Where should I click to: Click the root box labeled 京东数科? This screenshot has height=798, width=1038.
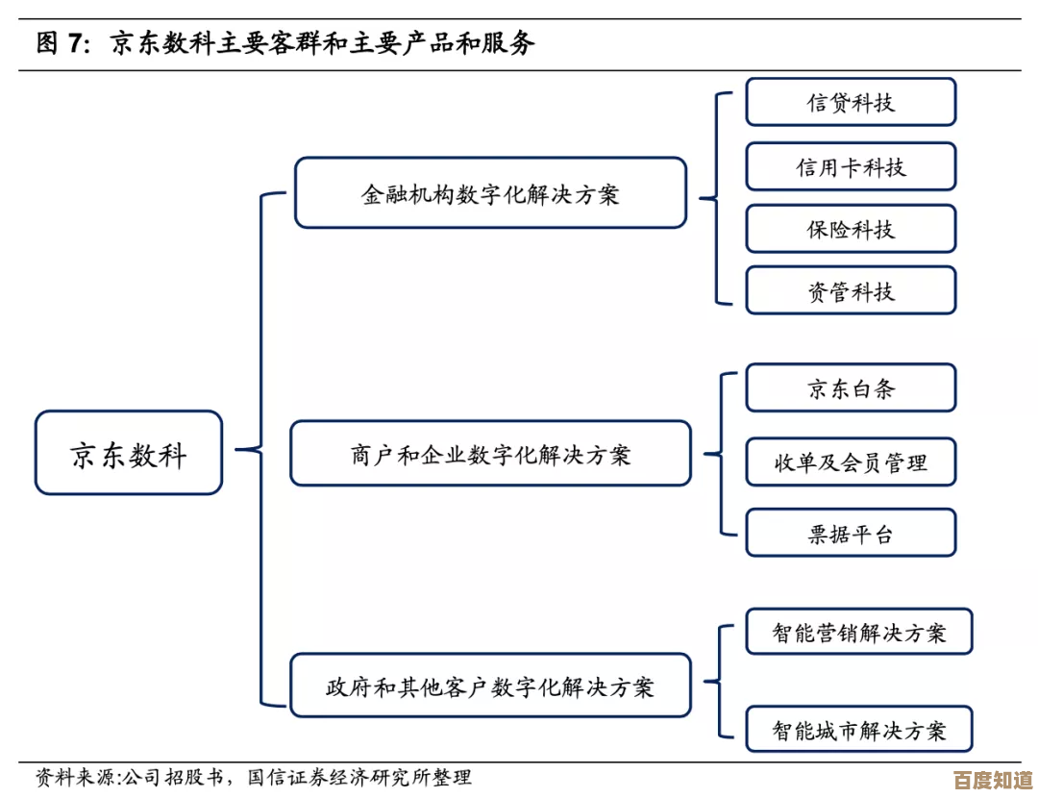click(x=129, y=453)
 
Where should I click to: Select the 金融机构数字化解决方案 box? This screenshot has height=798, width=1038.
click(x=490, y=193)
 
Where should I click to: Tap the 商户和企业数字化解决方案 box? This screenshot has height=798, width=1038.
click(x=490, y=453)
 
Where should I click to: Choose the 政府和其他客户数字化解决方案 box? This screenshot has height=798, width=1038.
click(x=490, y=686)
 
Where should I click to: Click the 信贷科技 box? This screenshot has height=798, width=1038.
click(x=851, y=102)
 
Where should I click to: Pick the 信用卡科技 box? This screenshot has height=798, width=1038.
click(x=851, y=167)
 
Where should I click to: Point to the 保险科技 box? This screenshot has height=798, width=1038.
click(x=851, y=229)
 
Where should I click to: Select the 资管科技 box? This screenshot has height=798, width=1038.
click(x=851, y=290)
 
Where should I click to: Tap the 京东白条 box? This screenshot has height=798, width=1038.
click(x=851, y=387)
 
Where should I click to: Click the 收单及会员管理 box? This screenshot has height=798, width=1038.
click(x=851, y=461)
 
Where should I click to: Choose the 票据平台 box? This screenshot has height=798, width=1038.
click(x=851, y=533)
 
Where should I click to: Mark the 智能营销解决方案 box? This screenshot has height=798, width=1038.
click(x=859, y=632)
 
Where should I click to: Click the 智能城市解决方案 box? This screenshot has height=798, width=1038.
click(x=859, y=729)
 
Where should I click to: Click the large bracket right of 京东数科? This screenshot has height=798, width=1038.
click(x=261, y=448)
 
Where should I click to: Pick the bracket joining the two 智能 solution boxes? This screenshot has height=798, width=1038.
click(x=719, y=681)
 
